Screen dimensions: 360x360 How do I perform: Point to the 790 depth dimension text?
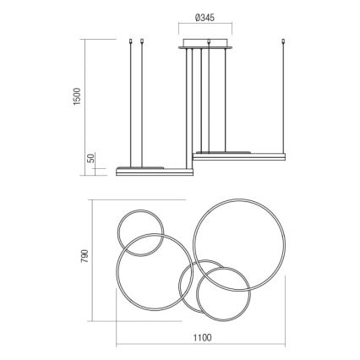tap(85, 255)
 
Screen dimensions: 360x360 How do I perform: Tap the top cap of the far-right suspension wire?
tap(281, 41)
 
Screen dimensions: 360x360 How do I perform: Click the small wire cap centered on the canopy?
tap(208, 39)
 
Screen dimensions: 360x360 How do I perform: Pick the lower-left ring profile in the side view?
tap(152, 171)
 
